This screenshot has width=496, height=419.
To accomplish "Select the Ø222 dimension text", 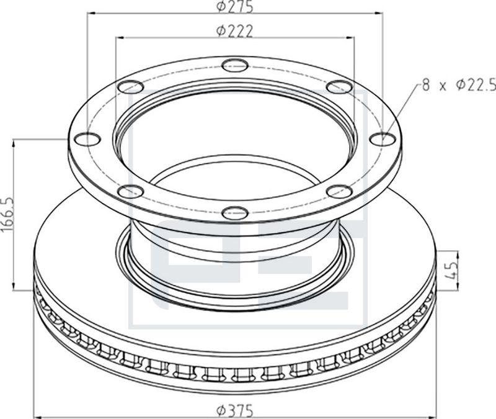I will point(234,31).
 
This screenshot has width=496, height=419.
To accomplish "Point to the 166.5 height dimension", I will point(7,214).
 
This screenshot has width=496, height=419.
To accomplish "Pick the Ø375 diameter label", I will point(235,410).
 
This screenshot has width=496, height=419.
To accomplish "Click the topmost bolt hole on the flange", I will point(234,63).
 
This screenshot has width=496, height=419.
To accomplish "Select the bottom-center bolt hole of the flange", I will point(234,213).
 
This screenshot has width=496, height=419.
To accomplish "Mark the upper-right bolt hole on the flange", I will point(339,86).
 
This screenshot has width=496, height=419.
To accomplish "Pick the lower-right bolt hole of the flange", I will point(339,191).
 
